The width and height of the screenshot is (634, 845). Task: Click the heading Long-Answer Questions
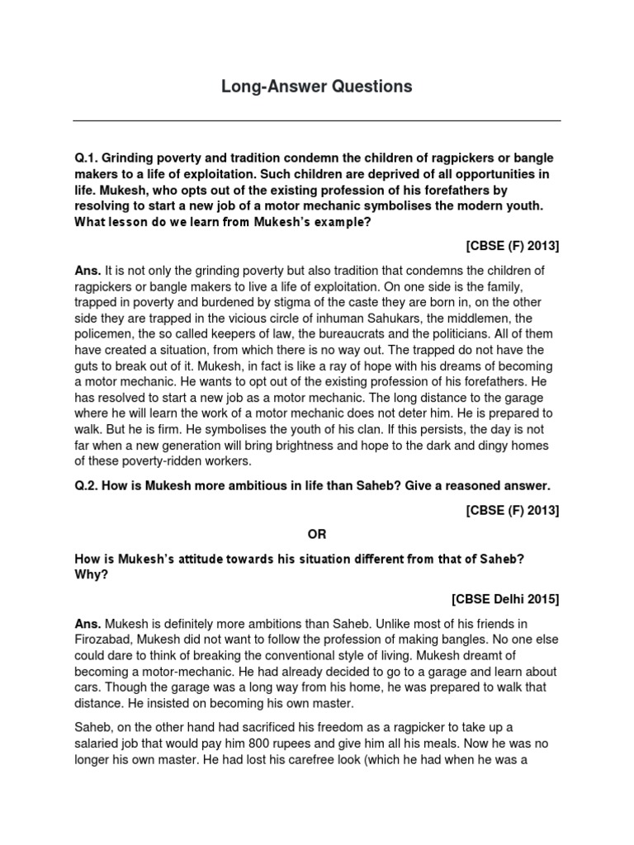pyautogui.click(x=316, y=87)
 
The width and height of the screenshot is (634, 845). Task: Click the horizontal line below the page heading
pyautogui.click(x=316, y=121)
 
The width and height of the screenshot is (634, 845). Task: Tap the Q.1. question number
pyautogui.click(x=88, y=158)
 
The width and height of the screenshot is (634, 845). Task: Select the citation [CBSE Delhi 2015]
pyautogui.click(x=505, y=599)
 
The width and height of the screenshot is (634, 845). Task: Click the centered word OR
pyautogui.click(x=316, y=535)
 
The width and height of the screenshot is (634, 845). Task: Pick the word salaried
pyautogui.click(x=106, y=743)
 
